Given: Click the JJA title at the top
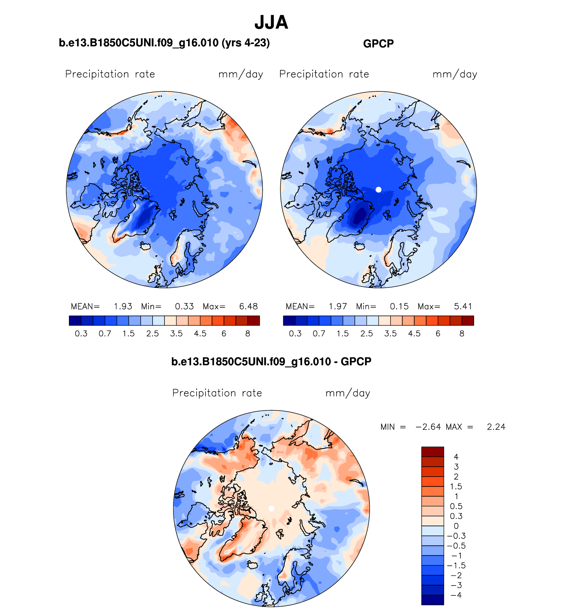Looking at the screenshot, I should (271, 23).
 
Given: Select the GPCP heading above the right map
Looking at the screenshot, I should (378, 44).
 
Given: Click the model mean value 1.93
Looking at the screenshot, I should (123, 306).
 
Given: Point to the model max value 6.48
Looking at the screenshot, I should (248, 306).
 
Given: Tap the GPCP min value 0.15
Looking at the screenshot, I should (399, 306).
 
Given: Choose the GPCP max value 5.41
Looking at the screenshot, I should (463, 306).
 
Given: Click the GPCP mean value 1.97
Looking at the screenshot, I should (338, 306).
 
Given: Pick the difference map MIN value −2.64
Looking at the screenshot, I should (428, 427).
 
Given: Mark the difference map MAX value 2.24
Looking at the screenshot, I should (496, 427).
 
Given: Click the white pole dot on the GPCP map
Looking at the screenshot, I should (379, 190).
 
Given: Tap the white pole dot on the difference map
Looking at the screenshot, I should (271, 508).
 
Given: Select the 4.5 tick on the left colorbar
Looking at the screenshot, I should (200, 334).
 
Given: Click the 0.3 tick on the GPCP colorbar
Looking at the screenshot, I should (295, 334).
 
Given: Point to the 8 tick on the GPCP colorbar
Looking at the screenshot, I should (462, 334).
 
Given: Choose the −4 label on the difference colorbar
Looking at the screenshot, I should (456, 595).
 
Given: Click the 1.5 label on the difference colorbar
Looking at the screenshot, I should (456, 487).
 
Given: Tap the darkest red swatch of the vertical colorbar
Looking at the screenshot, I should (432, 451).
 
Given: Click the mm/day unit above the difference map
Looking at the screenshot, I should (348, 393).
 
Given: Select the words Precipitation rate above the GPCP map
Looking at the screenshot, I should (324, 74).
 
